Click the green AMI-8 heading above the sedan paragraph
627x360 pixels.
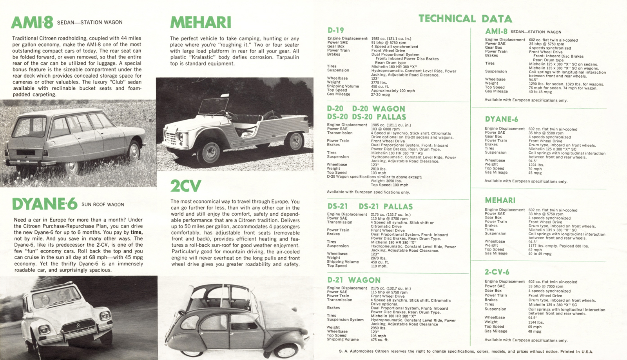[32, 22]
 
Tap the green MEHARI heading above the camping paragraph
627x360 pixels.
[201, 23]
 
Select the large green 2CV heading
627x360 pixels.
[186, 186]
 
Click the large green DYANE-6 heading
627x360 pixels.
[45, 204]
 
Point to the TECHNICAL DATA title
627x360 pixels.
[465, 18]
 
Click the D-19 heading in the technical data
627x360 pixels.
[335, 30]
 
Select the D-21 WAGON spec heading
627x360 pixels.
[353, 280]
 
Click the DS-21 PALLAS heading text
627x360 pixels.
[386, 207]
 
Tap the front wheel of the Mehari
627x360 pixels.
[208, 153]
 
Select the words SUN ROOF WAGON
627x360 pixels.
[103, 205]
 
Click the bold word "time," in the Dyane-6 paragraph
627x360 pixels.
[136, 233]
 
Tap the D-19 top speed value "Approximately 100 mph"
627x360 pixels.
[393, 91]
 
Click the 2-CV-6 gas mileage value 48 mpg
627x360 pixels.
[535, 331]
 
